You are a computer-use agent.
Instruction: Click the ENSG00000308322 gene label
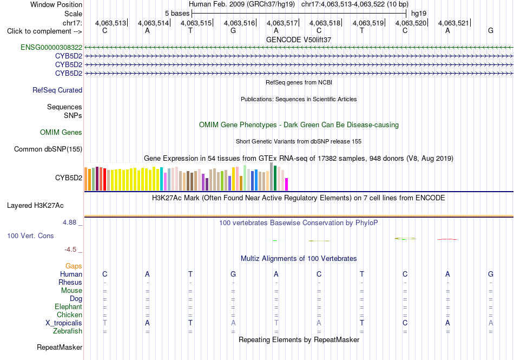pos(51,48)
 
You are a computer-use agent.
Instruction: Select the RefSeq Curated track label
pos(57,90)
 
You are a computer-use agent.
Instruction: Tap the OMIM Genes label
pos(61,133)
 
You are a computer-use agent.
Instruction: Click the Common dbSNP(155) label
pos(48,149)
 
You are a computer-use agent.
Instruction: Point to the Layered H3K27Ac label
pos(35,206)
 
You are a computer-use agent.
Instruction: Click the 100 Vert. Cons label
pos(30,235)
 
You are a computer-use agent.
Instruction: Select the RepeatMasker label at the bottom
pos(60,347)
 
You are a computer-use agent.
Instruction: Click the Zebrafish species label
pos(68,331)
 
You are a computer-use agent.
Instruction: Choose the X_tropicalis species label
pos(64,323)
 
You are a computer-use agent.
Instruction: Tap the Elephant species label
pos(68,306)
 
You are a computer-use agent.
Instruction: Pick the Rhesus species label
pos(70,282)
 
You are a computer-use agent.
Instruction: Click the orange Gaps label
pos(74,266)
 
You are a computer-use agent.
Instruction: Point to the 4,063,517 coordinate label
pos(282,23)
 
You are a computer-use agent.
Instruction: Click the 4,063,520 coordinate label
pos(411,23)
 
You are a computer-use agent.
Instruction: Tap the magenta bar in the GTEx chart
pos(287,184)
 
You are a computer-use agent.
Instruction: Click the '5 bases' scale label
pos(177,14)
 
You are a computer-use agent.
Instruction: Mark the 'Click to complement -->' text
pos(44,31)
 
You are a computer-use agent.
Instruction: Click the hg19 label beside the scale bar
pos(419,14)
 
